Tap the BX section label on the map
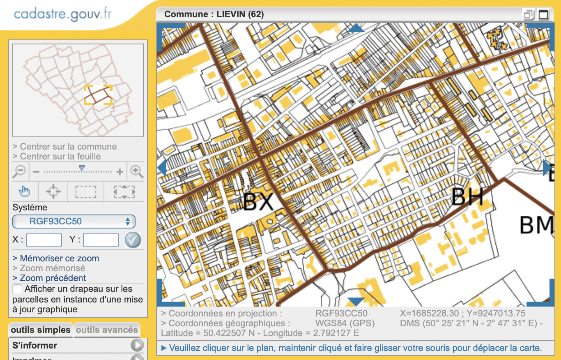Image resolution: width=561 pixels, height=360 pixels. tap(258, 202)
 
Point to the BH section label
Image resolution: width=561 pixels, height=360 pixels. tap(467, 197)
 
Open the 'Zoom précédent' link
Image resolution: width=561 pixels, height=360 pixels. tap(53, 278)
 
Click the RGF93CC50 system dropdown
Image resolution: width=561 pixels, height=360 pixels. tap(74, 222)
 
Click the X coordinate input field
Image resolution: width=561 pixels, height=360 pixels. tap(44, 240)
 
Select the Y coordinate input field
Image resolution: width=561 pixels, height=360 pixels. tap(101, 240)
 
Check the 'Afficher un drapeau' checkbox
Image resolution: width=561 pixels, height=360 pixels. tap(18, 289)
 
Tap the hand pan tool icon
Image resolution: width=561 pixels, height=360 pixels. tap(25, 191)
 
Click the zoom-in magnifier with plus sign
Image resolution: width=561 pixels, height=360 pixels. tap(136, 171)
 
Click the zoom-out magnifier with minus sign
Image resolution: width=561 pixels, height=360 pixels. tap(20, 171)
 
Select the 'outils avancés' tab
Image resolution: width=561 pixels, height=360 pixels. tap(106, 330)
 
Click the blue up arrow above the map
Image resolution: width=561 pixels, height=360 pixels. tap(356, 28)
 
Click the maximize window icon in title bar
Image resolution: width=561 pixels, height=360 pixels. tap(543, 15)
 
